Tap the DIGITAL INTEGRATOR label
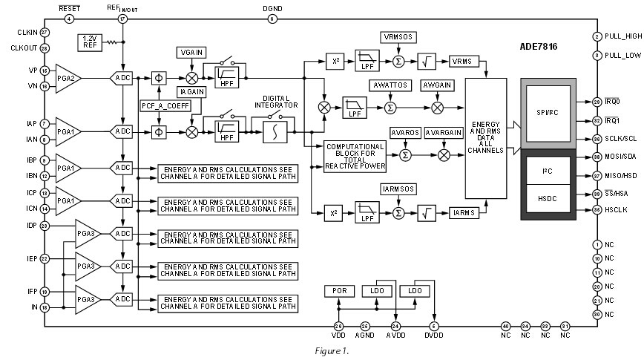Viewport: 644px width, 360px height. (x=276, y=101)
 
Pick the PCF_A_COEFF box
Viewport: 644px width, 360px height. (x=165, y=105)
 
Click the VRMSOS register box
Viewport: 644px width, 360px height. (x=399, y=36)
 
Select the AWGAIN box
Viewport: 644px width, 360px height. (x=437, y=85)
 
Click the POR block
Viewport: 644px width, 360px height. (x=340, y=291)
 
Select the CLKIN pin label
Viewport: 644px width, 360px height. (x=25, y=33)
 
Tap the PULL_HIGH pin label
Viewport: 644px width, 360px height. (x=622, y=36)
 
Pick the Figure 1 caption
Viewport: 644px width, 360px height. (x=326, y=349)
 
